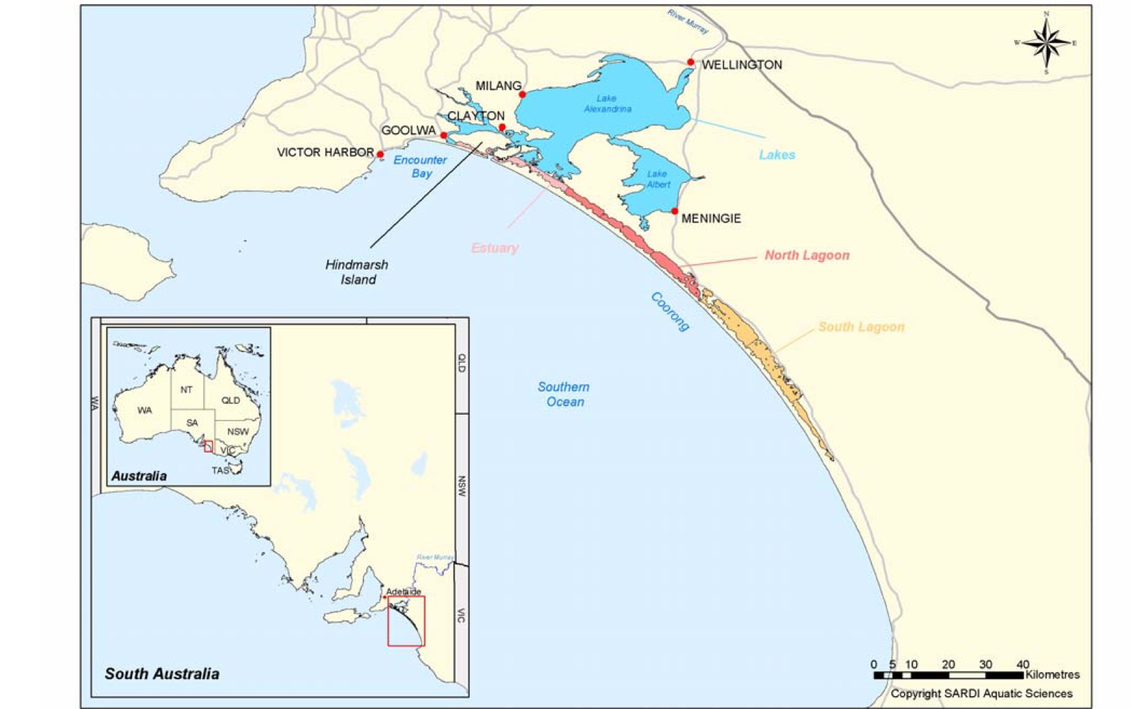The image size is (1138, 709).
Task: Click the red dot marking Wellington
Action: tap(690, 62)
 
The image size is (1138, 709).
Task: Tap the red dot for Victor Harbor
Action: tap(380, 154)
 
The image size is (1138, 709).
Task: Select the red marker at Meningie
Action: tap(674, 212)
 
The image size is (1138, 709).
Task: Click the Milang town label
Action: tap(498, 86)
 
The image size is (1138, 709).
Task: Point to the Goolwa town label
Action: tap(408, 130)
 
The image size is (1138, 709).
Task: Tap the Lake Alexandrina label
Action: tap(607, 104)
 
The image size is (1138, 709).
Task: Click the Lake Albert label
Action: tap(657, 179)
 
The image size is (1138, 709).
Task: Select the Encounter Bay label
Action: tap(420, 167)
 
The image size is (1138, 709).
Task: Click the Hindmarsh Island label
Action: tap(357, 272)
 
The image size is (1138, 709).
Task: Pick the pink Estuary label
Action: tap(494, 248)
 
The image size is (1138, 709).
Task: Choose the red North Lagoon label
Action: tap(807, 255)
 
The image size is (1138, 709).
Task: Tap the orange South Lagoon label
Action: tap(861, 327)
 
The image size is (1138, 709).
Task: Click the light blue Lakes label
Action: tap(777, 155)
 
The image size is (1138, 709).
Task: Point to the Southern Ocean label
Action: tap(564, 394)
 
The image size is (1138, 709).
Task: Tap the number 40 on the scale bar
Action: tap(1022, 664)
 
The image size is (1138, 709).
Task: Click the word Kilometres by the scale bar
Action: tap(1052, 674)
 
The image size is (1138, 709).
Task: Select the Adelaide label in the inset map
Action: tap(404, 592)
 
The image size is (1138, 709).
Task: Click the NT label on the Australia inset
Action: tap(186, 390)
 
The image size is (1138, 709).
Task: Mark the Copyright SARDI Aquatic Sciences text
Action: tap(981, 693)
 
